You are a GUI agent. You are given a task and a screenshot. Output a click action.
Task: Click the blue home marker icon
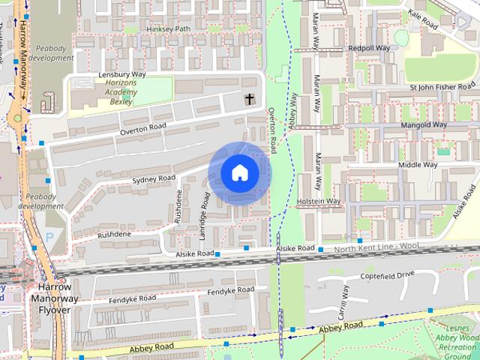(x=239, y=172)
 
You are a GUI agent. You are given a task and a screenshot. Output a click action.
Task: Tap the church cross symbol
(x=249, y=98)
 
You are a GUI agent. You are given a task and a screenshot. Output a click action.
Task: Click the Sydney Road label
(x=153, y=180)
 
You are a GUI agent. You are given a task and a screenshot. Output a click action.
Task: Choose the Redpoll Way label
(x=368, y=48)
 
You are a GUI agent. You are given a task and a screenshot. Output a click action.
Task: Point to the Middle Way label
(x=418, y=164)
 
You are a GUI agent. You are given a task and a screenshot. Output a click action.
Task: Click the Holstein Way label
(x=319, y=201)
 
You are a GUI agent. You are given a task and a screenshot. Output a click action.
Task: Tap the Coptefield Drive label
(x=387, y=275)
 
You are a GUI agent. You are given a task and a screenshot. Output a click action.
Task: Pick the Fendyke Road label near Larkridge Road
(x=231, y=290)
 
